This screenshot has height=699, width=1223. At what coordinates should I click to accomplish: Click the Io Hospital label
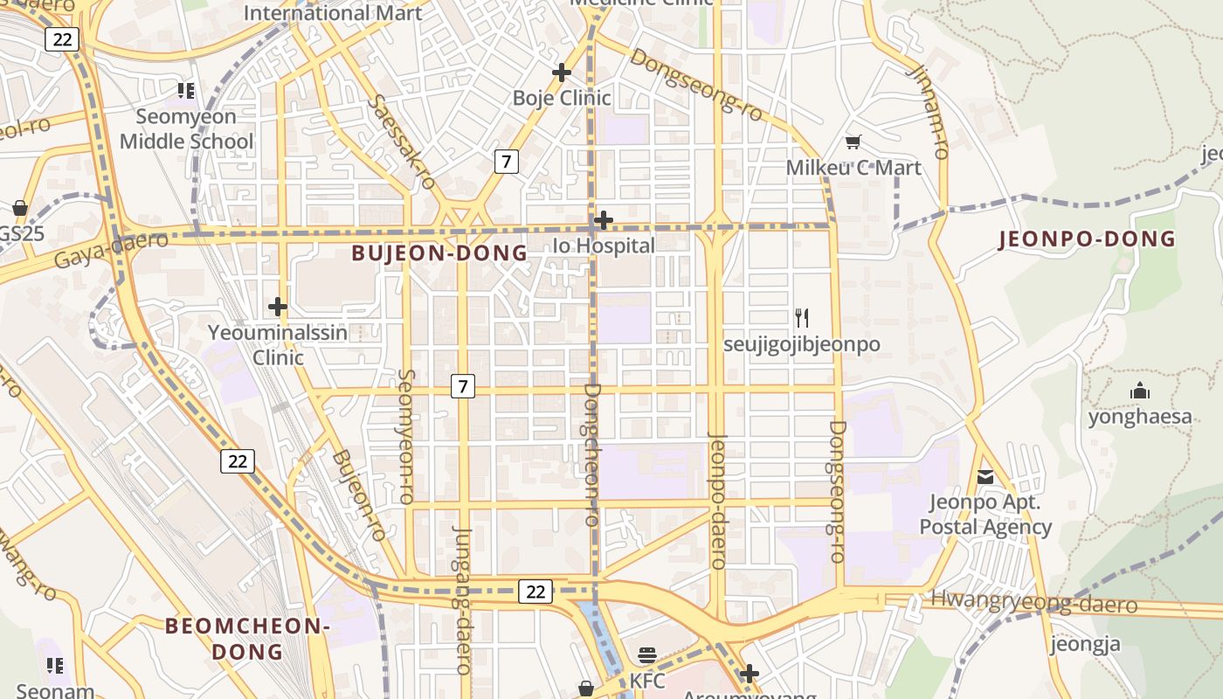tap(604, 246)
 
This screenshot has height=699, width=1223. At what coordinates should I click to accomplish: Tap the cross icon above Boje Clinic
tap(562, 73)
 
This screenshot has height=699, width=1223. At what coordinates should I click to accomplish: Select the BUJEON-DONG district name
tap(439, 253)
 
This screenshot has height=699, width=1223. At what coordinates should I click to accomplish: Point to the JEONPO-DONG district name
tap(1087, 239)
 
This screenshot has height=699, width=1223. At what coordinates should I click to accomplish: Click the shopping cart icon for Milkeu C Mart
tap(853, 142)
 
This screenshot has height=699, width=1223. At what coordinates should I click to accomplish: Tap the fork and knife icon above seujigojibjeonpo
tap(802, 317)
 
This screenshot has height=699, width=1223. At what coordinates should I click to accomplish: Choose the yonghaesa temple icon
tap(1139, 391)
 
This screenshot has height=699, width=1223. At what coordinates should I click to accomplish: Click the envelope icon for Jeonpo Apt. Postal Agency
tap(985, 477)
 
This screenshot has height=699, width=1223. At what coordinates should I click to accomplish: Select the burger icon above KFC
tap(647, 654)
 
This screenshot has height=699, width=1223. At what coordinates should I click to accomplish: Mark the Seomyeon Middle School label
tap(186, 129)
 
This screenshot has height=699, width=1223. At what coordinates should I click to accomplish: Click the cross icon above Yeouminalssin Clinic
tap(278, 307)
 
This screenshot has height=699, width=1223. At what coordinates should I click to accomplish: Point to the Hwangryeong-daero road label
tap(1033, 601)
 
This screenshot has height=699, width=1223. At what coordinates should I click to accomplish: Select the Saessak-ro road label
tap(402, 142)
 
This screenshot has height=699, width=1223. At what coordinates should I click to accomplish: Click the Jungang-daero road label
tap(463, 600)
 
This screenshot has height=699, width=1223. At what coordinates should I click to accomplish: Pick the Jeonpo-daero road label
tap(717, 501)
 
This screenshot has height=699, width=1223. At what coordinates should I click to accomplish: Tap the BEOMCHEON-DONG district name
tap(247, 639)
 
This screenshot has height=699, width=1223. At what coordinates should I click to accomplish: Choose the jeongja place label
tap(1084, 645)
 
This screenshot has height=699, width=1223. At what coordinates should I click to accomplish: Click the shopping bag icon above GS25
tap(19, 208)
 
